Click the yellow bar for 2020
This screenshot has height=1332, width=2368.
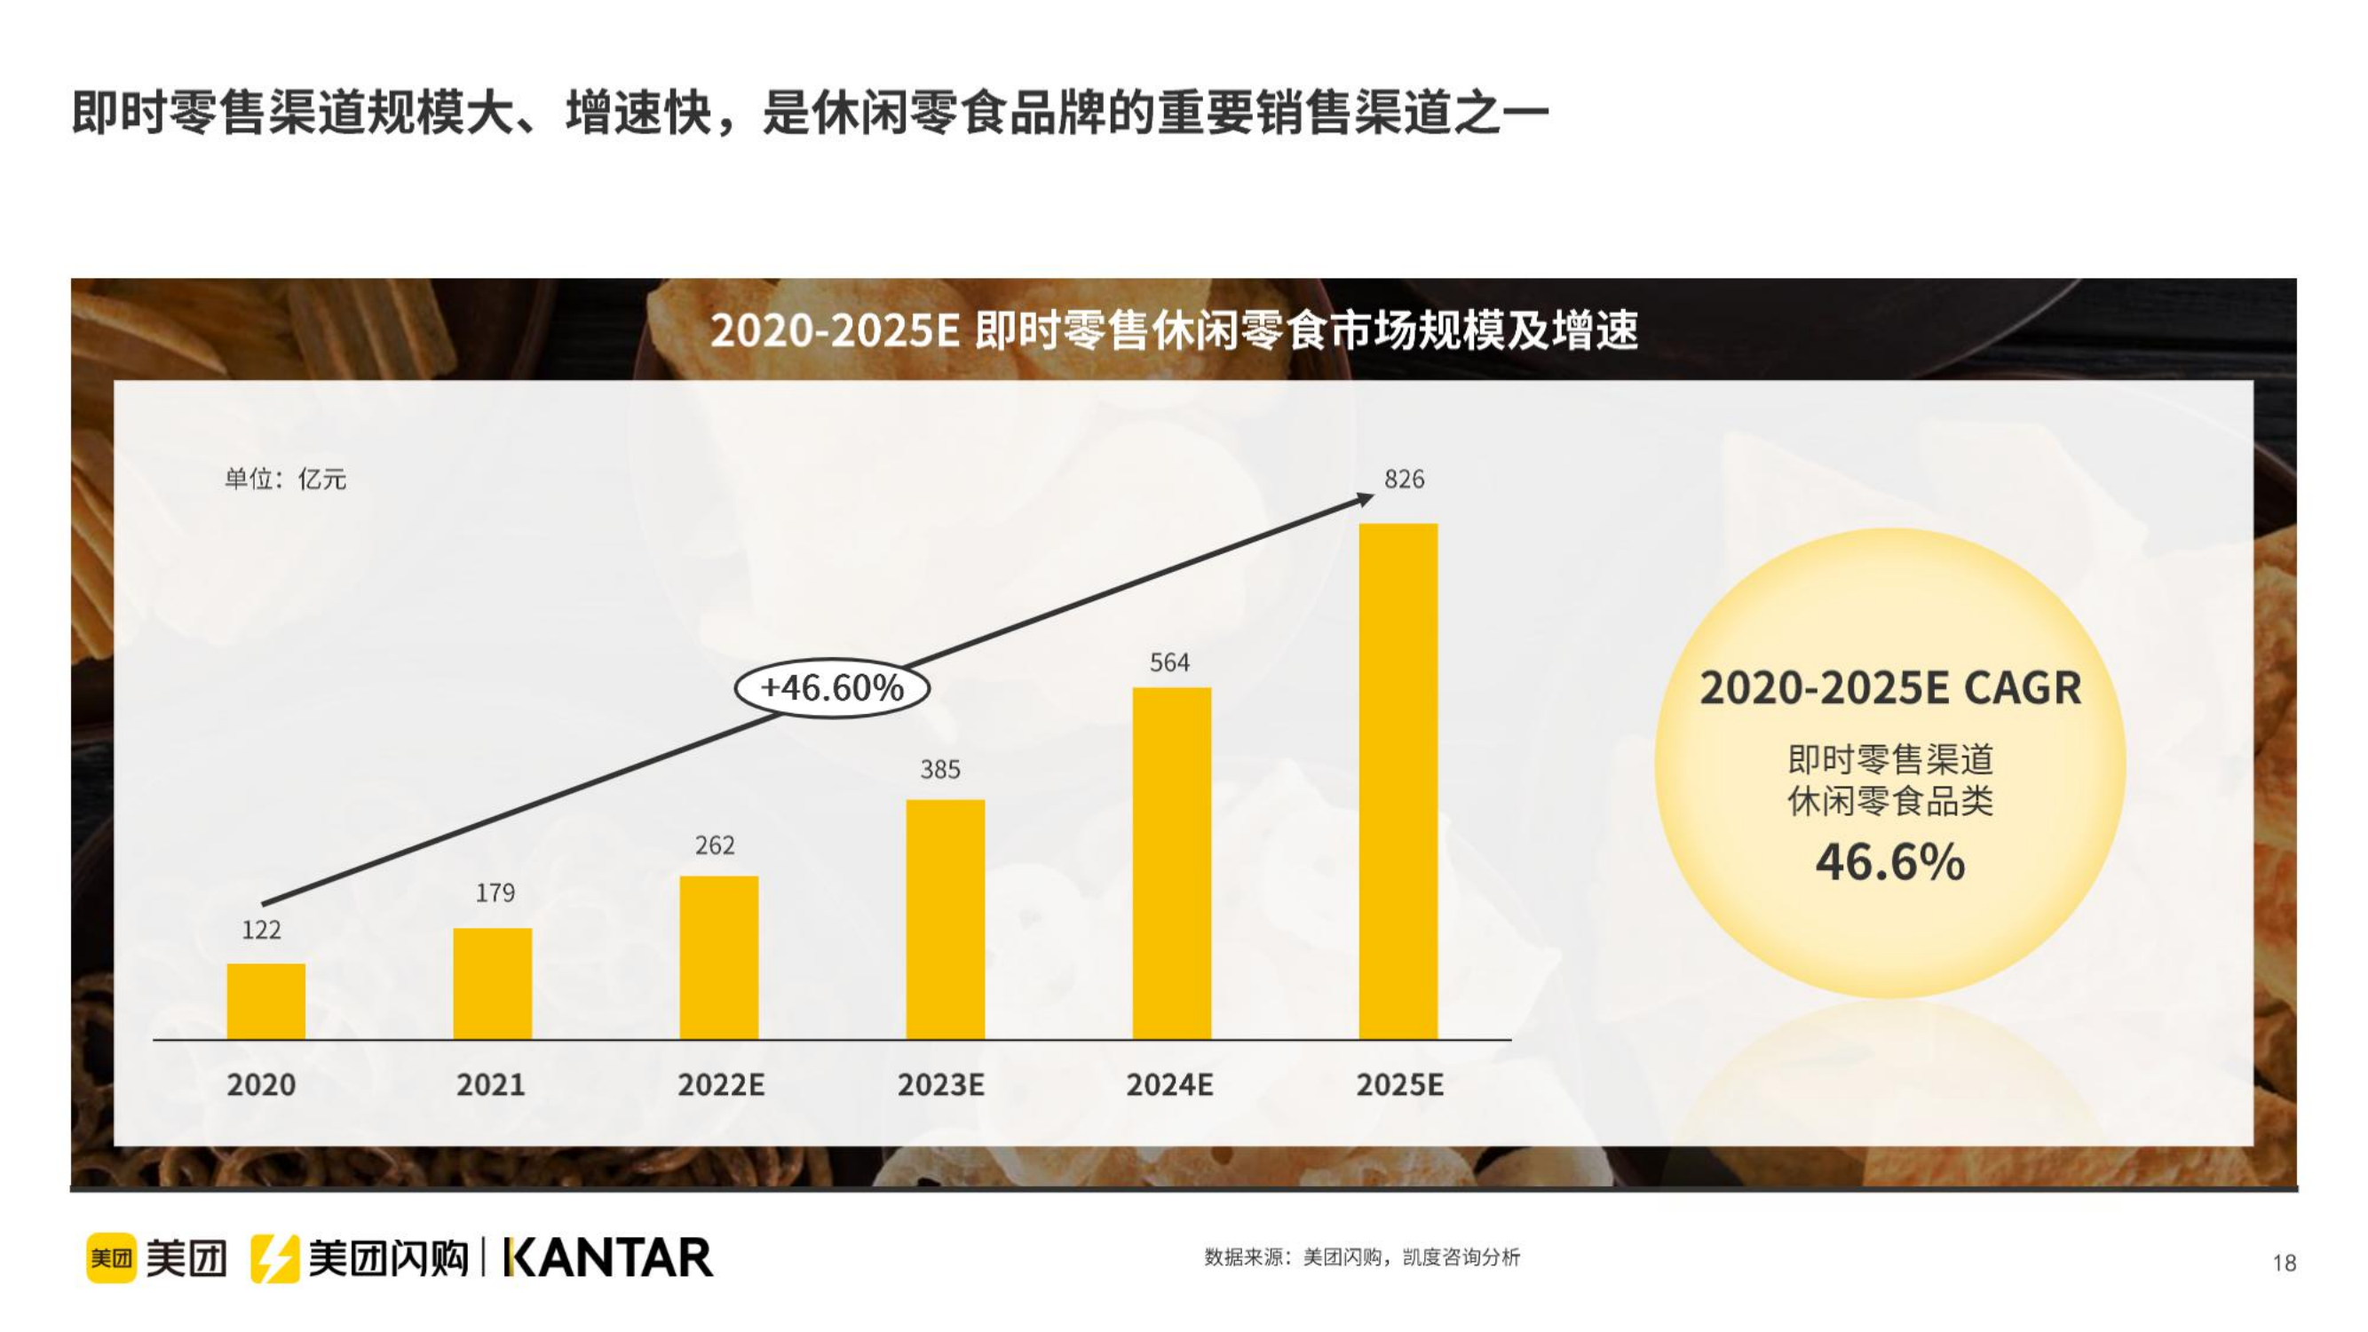[x=265, y=1001]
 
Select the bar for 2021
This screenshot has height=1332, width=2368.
[x=492, y=983]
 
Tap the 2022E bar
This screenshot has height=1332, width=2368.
[x=719, y=957]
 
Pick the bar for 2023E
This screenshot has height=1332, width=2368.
[x=945, y=918]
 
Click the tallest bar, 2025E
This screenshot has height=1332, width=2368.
[x=1398, y=781]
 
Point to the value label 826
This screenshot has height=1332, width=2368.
[x=1404, y=479]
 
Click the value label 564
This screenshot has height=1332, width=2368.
[x=1169, y=662]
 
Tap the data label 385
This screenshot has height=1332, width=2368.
[x=940, y=769]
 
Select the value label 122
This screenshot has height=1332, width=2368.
[x=261, y=930]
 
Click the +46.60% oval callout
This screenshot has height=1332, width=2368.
[x=832, y=687]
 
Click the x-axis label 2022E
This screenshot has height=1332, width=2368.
[x=721, y=1085]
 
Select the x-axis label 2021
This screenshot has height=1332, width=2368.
[x=491, y=1085]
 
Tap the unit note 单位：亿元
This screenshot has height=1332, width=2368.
[x=285, y=479]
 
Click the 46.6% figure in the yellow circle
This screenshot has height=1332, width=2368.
[x=1890, y=862]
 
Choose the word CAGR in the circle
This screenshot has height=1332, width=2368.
[x=2023, y=688]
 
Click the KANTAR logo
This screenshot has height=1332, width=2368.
[x=608, y=1257]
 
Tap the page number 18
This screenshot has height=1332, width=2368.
[x=2285, y=1263]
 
